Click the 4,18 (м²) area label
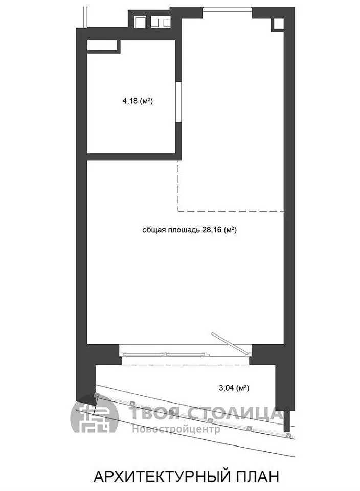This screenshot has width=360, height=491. pyautogui.click(x=137, y=101)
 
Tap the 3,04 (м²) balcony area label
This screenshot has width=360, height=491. pyautogui.click(x=234, y=388)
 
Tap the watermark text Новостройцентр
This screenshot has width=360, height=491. pyautogui.click(x=176, y=429)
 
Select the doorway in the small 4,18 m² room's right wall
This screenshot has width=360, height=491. pyautogui.click(x=178, y=101)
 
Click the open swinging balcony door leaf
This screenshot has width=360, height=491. pyautogui.click(x=231, y=344)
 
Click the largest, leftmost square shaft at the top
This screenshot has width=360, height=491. pyautogui.click(x=140, y=22)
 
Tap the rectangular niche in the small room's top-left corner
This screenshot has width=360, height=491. pyautogui.click(x=102, y=46)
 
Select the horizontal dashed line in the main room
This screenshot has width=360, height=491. pyautogui.click(x=231, y=211)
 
